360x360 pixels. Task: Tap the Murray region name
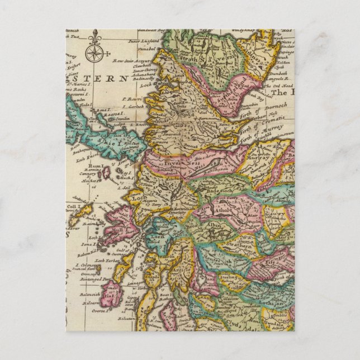coord(263,159)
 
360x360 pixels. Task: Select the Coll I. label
coord(73,211)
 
